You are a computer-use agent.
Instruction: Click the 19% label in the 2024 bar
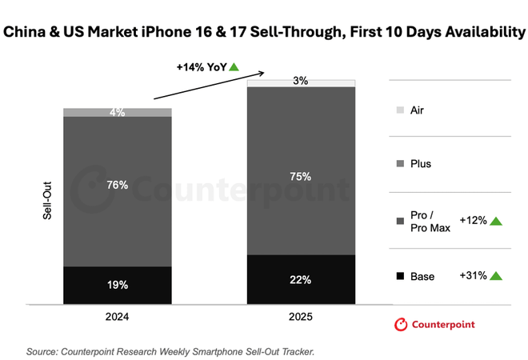tap(118, 284)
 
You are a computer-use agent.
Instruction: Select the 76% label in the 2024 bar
tap(118, 185)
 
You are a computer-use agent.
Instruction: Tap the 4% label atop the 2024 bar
tap(118, 113)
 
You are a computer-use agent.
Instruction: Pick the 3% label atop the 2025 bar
tap(301, 82)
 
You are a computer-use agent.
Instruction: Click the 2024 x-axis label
tap(118, 316)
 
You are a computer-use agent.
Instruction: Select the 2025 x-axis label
tap(301, 316)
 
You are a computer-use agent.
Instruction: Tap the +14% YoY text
tap(201, 67)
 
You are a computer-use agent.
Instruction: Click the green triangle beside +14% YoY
tap(234, 67)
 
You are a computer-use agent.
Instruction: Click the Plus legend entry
tap(419, 164)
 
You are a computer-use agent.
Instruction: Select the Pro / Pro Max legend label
tap(429, 222)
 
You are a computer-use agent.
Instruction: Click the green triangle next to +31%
tap(496, 276)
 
